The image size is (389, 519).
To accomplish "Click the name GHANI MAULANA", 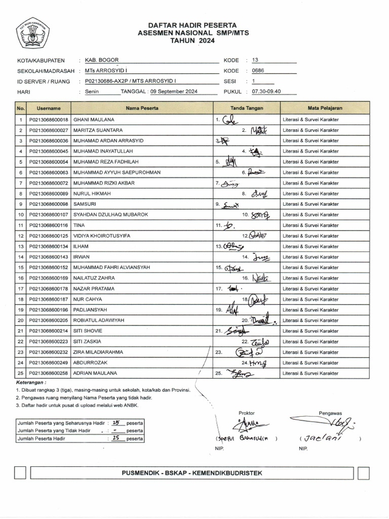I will point(90,120).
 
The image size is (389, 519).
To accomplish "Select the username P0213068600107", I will point(49,214).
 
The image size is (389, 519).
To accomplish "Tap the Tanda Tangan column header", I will point(247,108).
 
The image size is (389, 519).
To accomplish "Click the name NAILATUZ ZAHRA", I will point(94,278).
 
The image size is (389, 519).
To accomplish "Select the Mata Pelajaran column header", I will point(325,108).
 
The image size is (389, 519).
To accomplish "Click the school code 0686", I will point(258,71).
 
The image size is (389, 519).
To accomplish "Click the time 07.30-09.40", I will point(266,92).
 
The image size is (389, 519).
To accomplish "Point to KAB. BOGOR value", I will point(102,60).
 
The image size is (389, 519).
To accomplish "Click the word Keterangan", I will point(31,382).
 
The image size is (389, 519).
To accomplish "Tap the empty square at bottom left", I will point(20,473).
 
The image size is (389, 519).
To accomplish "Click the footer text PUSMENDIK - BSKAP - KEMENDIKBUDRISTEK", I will point(192,473).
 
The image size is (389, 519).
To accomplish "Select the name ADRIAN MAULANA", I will point(95,373).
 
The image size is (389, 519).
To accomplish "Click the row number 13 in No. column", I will point(21,246).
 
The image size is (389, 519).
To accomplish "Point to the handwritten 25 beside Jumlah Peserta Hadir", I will point(115,438).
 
